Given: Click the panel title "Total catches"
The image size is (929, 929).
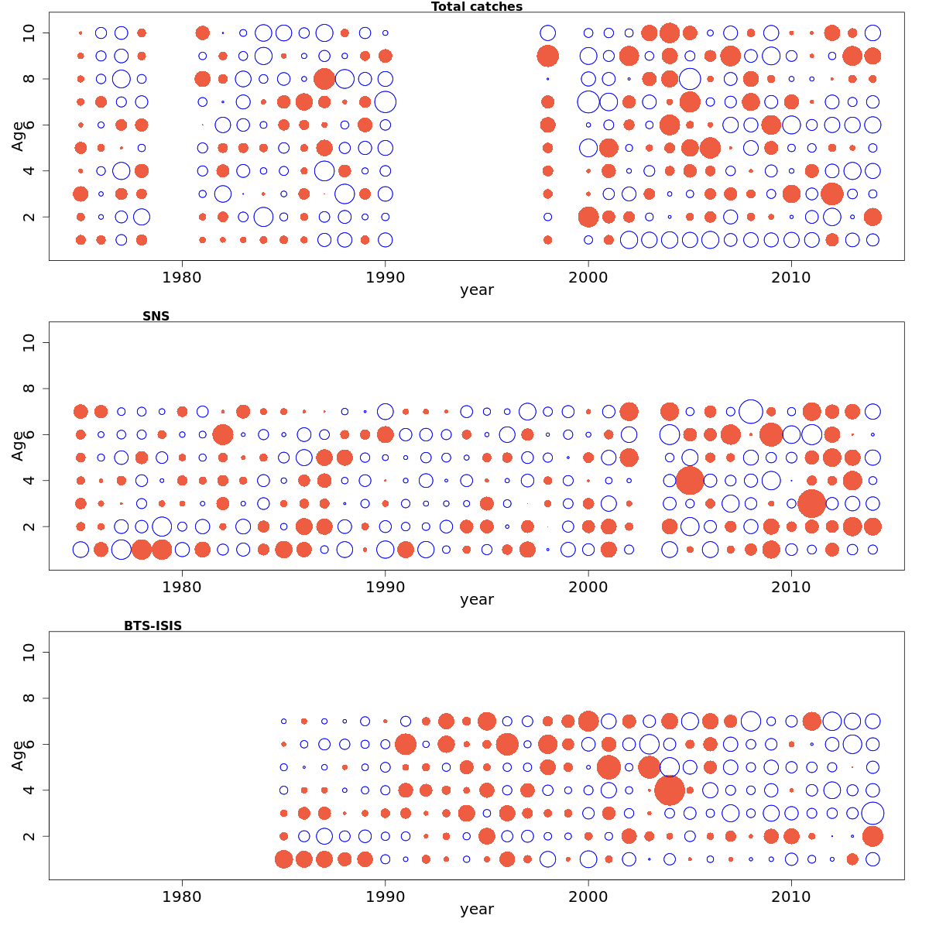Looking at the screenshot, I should point(476,7).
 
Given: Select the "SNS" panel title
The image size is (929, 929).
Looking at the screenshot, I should point(156,316).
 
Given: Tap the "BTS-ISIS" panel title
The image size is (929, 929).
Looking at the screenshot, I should point(153,626).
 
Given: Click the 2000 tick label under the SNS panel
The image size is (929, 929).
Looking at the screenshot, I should point(588,586).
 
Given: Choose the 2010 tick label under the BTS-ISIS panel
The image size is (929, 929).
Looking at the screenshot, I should point(791,896).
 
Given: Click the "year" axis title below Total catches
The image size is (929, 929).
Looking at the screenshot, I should point(476,290).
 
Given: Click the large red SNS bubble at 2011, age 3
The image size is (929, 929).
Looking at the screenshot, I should point(811,503).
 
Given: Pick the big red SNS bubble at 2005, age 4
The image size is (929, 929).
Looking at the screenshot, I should point(690,480).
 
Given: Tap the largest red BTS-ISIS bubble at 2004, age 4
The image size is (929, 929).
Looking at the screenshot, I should point(670,790).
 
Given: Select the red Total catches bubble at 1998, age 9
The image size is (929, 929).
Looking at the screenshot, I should point(547,56).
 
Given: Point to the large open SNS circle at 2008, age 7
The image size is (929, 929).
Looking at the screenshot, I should point(750,411).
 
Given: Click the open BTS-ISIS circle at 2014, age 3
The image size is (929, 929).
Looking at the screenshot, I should point(872,813).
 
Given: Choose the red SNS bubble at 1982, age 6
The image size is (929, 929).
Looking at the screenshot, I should point(223,434).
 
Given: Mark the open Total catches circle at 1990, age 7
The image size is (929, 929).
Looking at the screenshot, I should point(385,101).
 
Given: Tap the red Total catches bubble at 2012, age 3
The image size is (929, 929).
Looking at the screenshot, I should point(832,194).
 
